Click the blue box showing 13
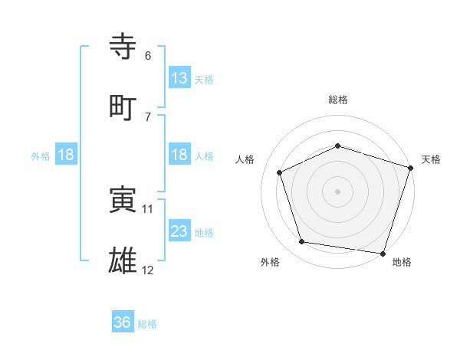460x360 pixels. coord(179,77)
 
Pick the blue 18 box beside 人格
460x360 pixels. coord(179,155)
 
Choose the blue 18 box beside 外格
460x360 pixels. coord(66,155)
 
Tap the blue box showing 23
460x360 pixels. coord(179,231)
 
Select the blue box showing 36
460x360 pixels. coord(123,322)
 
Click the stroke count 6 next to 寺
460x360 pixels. coord(148,56)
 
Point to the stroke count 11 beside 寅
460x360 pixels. coord(149,208)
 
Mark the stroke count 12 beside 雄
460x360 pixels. coord(149,270)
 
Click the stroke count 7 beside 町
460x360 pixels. coord(148,116)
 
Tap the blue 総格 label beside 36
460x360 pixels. coord(147,324)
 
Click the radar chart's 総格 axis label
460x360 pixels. coord(337,100)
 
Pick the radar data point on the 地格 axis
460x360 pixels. coord(383,253)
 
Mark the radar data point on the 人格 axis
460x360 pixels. coord(280,172)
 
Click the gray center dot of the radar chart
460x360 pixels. coord(337,191)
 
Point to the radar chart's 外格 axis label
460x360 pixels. coord(270,263)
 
